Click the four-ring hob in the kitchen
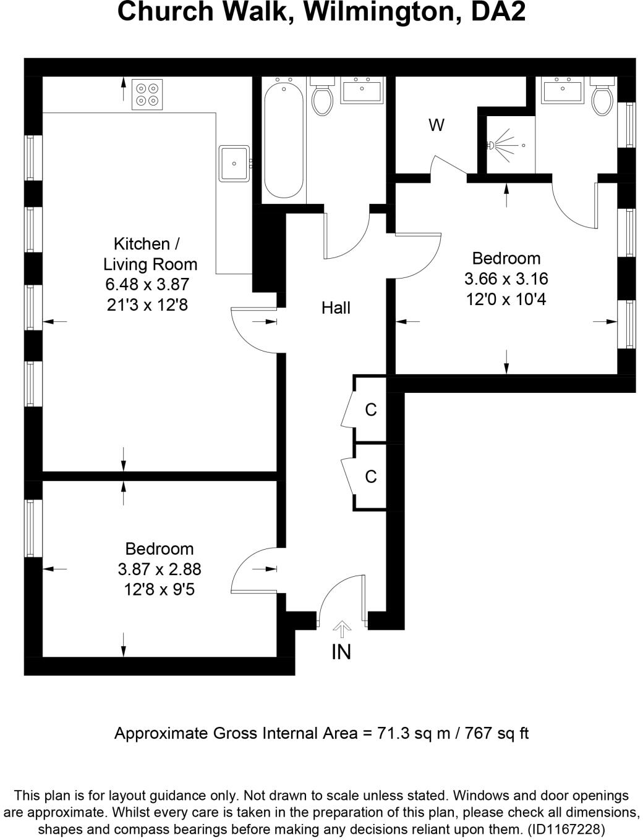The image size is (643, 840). (x=147, y=94)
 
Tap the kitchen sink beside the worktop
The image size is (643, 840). (x=234, y=163)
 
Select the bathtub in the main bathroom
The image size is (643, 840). (x=284, y=140)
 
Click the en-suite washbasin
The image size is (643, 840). (x=562, y=90)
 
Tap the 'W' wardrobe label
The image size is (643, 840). (x=436, y=125)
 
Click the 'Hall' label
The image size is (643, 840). (x=336, y=308)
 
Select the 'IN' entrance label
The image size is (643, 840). (x=341, y=652)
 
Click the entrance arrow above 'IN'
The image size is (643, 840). (x=342, y=629)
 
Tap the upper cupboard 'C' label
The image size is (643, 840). (x=371, y=409)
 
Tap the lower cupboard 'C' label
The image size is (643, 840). (x=371, y=476)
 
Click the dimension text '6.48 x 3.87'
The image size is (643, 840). (x=147, y=285)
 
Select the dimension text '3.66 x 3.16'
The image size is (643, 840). (x=506, y=279)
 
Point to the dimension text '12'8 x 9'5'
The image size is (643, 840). (x=160, y=590)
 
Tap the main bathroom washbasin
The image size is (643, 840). (x=363, y=90)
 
